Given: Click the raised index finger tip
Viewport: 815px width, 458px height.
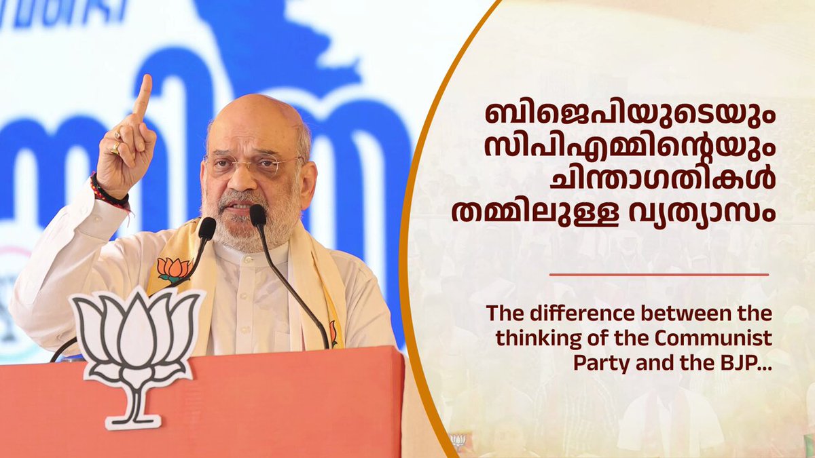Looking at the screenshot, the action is point(146,81).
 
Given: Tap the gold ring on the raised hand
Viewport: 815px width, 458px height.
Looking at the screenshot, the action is point(115,148).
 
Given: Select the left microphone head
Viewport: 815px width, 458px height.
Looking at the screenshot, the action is point(206,228).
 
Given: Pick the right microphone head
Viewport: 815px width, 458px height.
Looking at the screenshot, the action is point(257,215).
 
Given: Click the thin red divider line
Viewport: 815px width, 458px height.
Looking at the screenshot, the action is point(659,275).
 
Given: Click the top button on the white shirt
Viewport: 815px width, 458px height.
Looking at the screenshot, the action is point(248,261).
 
